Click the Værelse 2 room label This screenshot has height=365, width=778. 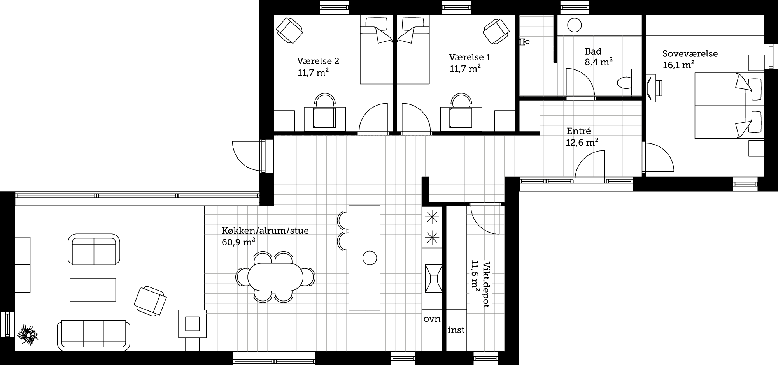pos(318,61)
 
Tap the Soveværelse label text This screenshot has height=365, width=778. pos(690,54)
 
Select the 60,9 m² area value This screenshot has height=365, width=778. pos(238,242)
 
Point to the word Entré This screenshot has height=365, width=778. pos(579,131)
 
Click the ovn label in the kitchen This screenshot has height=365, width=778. pos(432,319)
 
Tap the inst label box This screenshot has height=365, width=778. pos(456,330)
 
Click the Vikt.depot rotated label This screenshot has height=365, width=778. pos(486,284)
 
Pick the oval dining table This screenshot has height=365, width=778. pos(275,277)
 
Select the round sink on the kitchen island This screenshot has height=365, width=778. pos(370,258)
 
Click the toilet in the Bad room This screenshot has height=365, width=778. pos(625,83)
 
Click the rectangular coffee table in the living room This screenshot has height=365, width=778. pos(93,289)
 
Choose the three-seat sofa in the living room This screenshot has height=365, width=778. pos(94,336)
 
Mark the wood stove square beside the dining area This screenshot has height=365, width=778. pos(192,324)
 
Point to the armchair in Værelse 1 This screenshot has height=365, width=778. pos(496,31)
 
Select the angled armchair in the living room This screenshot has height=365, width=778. pos(150,301)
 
